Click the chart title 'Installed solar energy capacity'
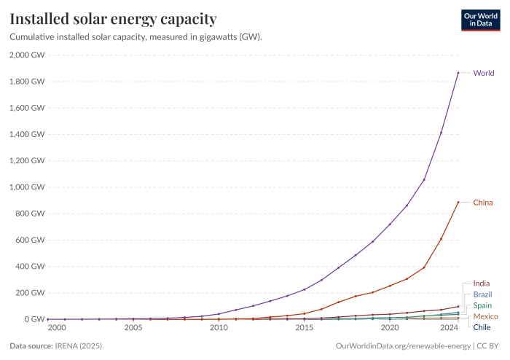click(112, 17)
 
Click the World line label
click(484, 73)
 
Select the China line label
click(483, 202)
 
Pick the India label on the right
click(482, 283)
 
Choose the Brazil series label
click(483, 294)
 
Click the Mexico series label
click(485, 317)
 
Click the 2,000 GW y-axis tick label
click(27, 55)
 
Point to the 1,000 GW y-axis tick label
click(27, 187)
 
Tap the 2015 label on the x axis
click(305, 329)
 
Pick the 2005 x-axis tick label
click(133, 329)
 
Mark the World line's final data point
click(458, 73)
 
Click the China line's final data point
click(458, 202)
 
